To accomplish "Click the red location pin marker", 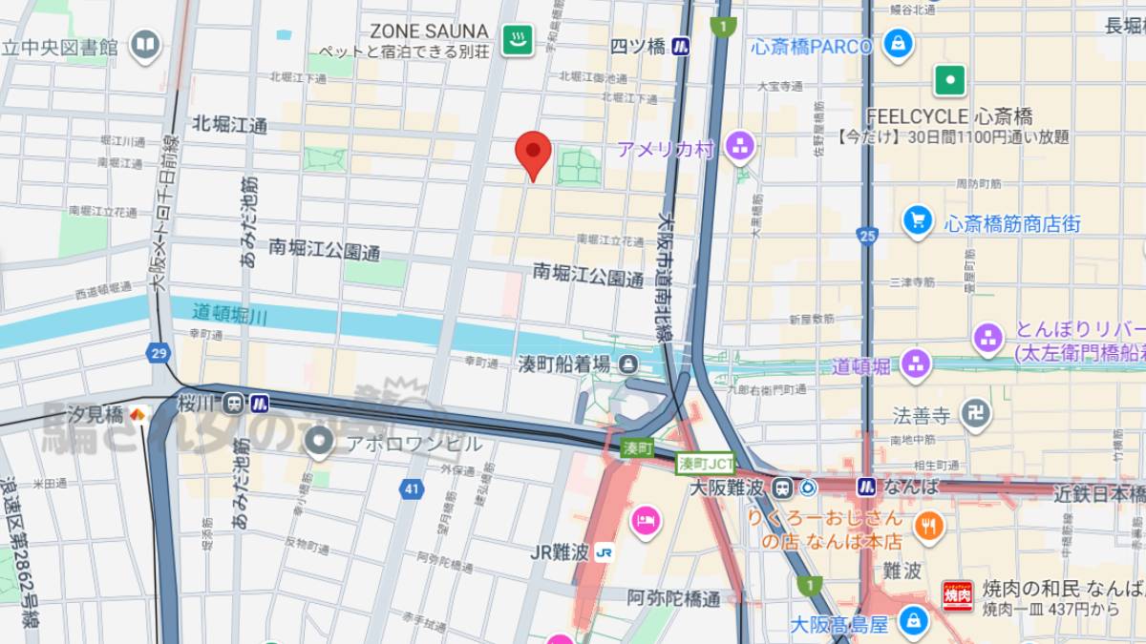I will [x=533, y=153].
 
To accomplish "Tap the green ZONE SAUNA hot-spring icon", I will [x=519, y=39].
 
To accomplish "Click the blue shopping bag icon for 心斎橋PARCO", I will [x=897, y=44].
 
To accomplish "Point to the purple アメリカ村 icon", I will [x=739, y=147].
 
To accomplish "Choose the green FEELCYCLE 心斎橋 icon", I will [x=950, y=80].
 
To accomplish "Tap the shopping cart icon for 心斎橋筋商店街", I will [x=917, y=221].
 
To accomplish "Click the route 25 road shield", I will [x=867, y=235].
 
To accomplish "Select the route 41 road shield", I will [x=412, y=489].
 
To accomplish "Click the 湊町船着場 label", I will [x=563, y=364].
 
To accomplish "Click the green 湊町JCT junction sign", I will [x=706, y=463].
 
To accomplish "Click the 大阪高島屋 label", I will [x=838, y=624].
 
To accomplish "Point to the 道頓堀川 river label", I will [x=229, y=312].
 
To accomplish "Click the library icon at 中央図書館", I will [x=145, y=44].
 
